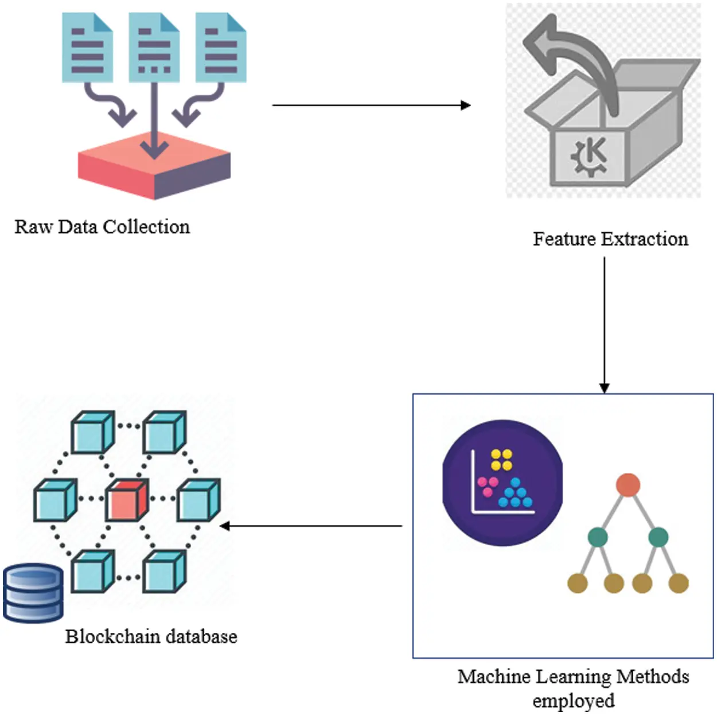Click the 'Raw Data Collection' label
(102, 227)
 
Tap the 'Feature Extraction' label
(610, 239)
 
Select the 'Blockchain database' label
(151, 636)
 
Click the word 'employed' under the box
(573, 701)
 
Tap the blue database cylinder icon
(33, 593)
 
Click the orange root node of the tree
(628, 485)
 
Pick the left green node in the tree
(598, 537)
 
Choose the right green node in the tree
(658, 537)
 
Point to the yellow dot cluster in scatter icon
(501, 460)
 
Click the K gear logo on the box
(590, 156)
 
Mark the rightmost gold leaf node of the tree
(679, 583)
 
